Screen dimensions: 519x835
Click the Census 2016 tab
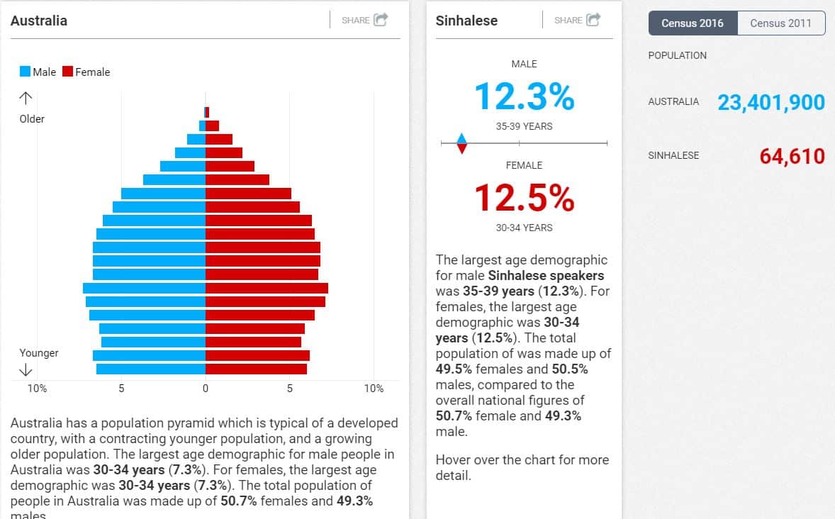click(x=693, y=23)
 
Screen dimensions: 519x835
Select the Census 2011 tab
click(x=780, y=23)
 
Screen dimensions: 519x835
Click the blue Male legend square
click(x=25, y=72)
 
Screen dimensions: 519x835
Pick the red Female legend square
click(x=68, y=72)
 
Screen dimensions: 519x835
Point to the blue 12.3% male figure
click(x=524, y=96)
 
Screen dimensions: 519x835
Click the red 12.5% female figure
click(x=524, y=198)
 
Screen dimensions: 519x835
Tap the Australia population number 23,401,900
click(x=771, y=103)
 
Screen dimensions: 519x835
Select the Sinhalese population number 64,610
click(x=792, y=156)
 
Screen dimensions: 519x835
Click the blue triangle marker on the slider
click(x=461, y=138)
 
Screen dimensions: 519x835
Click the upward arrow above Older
click(x=26, y=98)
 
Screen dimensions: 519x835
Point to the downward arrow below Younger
click(x=26, y=369)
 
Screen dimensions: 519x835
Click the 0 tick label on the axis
click(x=206, y=389)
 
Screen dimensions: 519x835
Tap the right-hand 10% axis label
click(x=374, y=389)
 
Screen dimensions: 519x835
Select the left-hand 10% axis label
click(x=37, y=389)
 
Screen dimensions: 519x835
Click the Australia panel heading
click(x=39, y=21)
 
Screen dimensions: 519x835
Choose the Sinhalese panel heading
click(x=466, y=21)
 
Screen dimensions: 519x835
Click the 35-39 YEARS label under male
click(x=524, y=126)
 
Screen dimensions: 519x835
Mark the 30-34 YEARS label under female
click(x=524, y=228)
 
